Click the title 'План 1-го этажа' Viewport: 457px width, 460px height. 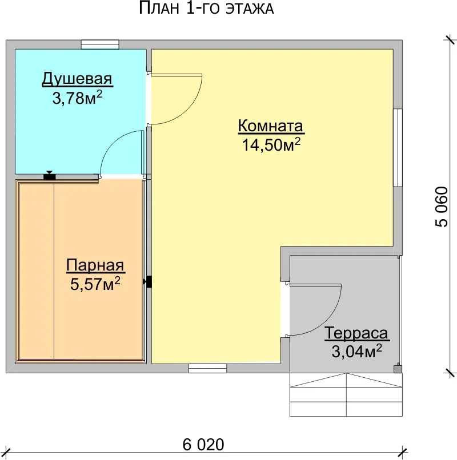(x=206, y=8)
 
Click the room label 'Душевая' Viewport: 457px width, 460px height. (x=77, y=79)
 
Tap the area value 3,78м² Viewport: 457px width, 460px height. (x=78, y=98)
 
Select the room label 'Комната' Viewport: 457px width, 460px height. (x=271, y=126)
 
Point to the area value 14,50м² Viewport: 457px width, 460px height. (x=271, y=144)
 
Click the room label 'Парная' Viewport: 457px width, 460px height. (x=95, y=265)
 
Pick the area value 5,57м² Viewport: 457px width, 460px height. (x=95, y=284)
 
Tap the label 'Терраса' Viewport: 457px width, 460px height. (x=356, y=333)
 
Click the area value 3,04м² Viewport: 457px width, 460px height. (x=357, y=351)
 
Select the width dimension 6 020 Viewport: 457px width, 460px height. (x=203, y=445)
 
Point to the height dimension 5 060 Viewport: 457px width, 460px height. (x=442, y=207)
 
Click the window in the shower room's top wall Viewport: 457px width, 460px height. (x=100, y=45)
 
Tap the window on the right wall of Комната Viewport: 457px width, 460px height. (x=398, y=148)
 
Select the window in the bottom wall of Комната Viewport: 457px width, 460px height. (x=207, y=369)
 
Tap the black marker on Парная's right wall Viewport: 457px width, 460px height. (x=149, y=281)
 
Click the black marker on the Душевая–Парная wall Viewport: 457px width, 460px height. (x=50, y=176)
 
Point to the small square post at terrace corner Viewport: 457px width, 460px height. (x=398, y=369)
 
